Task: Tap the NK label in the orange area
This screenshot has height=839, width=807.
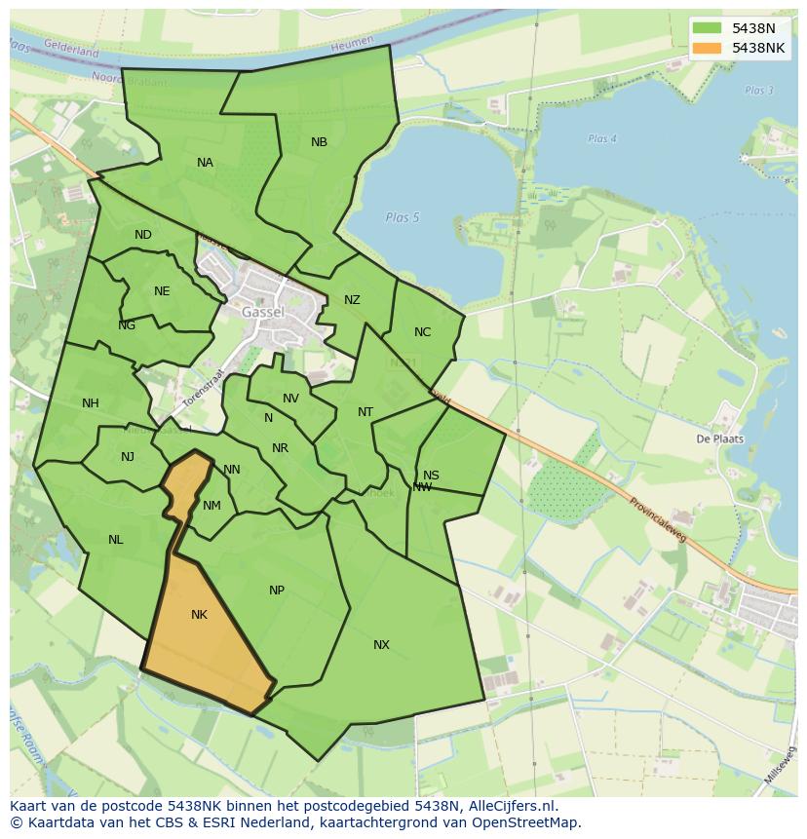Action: coord(199,615)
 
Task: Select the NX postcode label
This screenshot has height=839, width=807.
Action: coord(381,645)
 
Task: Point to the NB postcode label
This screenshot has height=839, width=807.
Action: coord(319,142)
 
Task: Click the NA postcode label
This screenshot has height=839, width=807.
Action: coord(205,163)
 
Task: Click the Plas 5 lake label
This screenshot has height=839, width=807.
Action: coord(402,217)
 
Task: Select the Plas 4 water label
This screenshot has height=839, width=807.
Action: coord(602,139)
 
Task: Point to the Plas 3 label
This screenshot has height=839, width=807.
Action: coord(758,91)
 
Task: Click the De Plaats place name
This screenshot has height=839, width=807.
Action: coord(719,439)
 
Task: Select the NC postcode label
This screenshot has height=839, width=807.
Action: coord(422,332)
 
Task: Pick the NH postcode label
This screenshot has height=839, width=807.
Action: coord(91,403)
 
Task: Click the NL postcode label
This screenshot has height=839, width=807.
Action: coord(116,540)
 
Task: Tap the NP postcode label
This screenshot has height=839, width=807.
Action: coord(277,591)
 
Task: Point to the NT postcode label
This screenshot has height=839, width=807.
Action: coord(365,412)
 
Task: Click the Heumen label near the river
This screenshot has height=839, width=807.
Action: coord(352,44)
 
